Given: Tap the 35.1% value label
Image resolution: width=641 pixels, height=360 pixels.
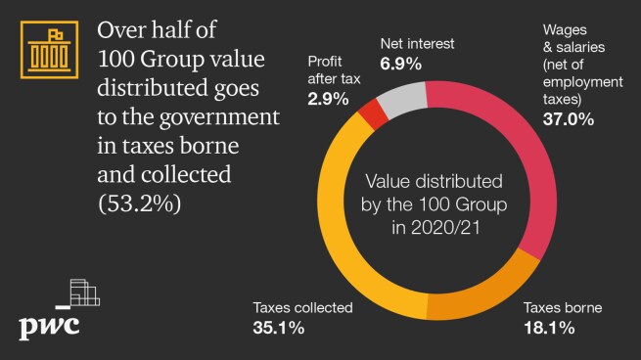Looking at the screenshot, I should click(278, 327).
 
